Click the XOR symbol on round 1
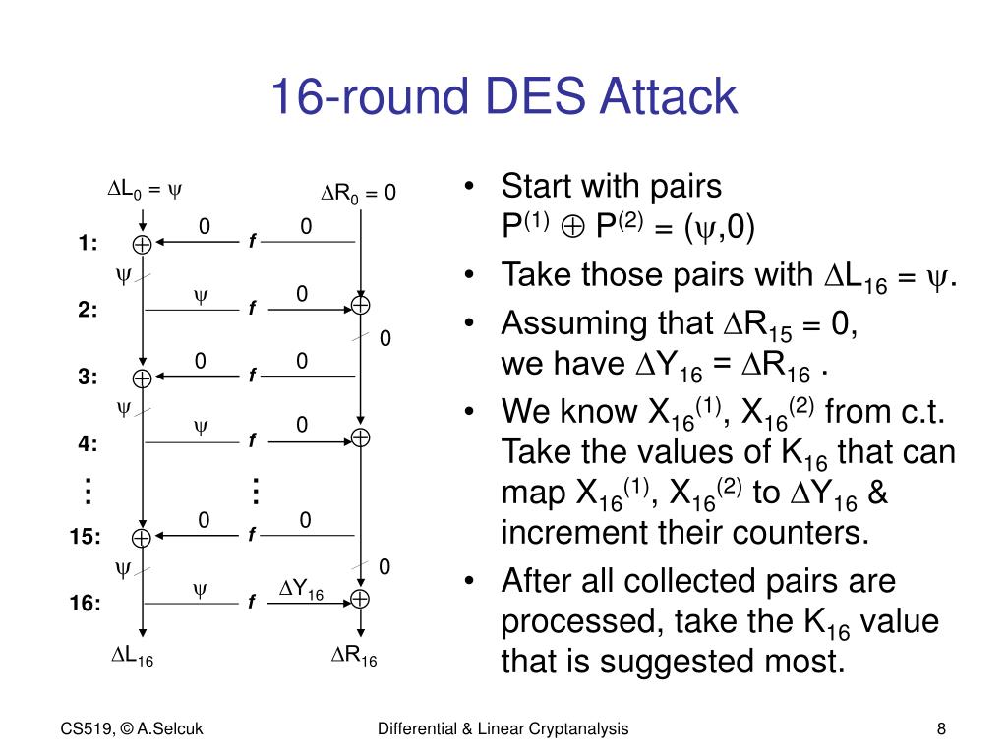pyautogui.click(x=142, y=244)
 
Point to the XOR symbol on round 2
pyautogui.click(x=361, y=306)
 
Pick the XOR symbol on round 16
pyautogui.click(x=361, y=599)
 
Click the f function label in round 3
pyautogui.click(x=252, y=377)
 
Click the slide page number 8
pyautogui.click(x=941, y=728)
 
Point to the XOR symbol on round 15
pyautogui.click(x=142, y=538)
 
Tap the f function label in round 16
pyautogui.click(x=252, y=602)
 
